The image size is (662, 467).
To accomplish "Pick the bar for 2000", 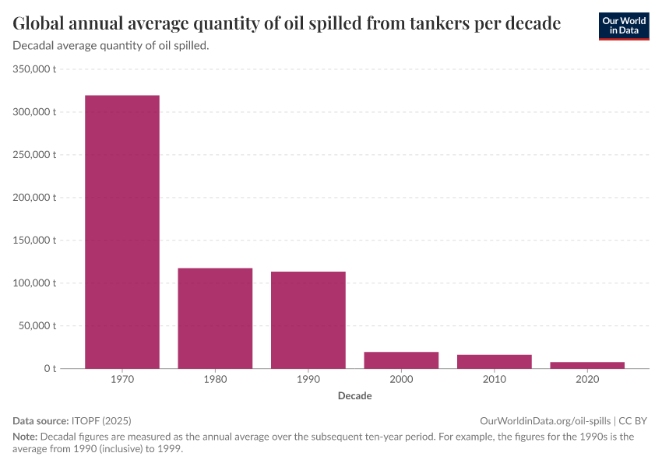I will (x=401, y=360).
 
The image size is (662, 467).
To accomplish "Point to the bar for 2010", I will (x=495, y=361).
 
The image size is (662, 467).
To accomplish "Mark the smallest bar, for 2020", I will (x=587, y=365).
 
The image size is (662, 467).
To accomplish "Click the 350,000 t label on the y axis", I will (x=35, y=69).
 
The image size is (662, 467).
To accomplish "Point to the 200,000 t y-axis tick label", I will (x=35, y=198).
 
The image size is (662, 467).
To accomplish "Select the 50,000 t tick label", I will (x=37, y=325).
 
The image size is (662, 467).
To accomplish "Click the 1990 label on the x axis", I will (x=308, y=380).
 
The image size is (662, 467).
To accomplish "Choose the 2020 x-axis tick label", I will (x=587, y=380).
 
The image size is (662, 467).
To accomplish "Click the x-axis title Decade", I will (x=354, y=396).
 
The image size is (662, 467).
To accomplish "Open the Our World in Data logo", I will (x=624, y=26).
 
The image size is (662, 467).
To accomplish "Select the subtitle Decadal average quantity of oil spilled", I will (x=111, y=46).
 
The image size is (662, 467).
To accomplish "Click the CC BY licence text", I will (x=633, y=420).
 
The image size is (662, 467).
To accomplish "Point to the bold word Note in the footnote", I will (x=24, y=437).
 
